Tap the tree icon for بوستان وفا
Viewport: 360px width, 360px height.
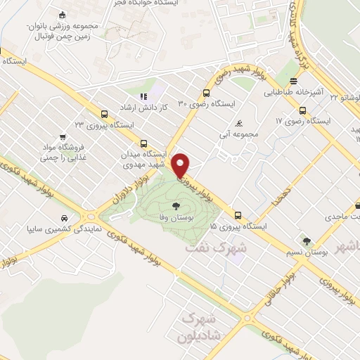175,206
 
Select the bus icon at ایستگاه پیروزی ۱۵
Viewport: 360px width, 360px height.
237,216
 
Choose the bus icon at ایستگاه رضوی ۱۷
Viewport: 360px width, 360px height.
302,110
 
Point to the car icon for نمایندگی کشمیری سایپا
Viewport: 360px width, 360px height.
64,217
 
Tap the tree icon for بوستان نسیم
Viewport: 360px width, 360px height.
306,240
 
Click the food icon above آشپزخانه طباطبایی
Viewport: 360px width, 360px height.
293,80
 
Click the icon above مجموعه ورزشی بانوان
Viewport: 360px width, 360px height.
63,15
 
